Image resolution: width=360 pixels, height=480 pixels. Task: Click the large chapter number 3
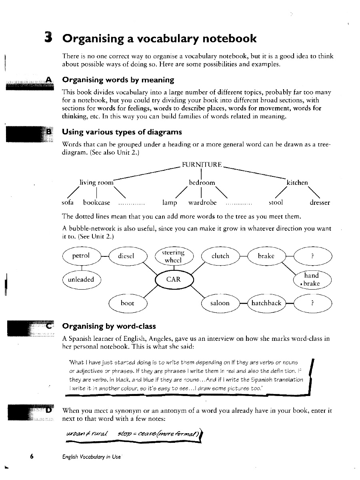click(x=49, y=38)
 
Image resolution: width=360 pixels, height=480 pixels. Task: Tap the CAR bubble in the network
click(x=173, y=279)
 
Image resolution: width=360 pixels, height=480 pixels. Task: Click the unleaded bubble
click(x=81, y=279)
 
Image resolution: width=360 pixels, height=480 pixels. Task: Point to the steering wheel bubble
click(x=173, y=256)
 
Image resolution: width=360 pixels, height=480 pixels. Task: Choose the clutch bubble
click(x=220, y=256)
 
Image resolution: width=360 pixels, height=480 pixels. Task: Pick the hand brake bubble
click(x=312, y=279)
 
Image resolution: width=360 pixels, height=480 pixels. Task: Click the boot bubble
click(x=127, y=303)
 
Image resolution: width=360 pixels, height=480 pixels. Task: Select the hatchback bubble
click(x=266, y=303)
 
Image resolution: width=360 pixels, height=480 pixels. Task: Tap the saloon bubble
click(x=220, y=303)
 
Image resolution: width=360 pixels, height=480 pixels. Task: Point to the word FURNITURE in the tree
click(x=201, y=164)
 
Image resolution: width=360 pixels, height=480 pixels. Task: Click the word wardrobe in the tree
click(x=202, y=202)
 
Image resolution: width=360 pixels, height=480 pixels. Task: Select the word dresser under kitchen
click(x=320, y=202)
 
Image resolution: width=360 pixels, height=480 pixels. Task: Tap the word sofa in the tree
click(x=68, y=202)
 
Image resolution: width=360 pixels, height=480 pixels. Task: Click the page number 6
click(x=31, y=457)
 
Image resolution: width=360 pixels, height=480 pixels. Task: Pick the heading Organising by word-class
click(x=109, y=326)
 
